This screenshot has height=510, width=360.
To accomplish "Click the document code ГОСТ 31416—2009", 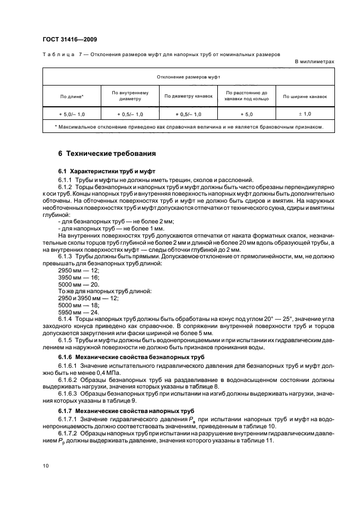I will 70,39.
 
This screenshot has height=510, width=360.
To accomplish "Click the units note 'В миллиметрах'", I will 314,62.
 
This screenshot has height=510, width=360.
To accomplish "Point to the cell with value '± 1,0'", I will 305,114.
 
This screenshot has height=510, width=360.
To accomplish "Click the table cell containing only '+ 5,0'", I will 247,114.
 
